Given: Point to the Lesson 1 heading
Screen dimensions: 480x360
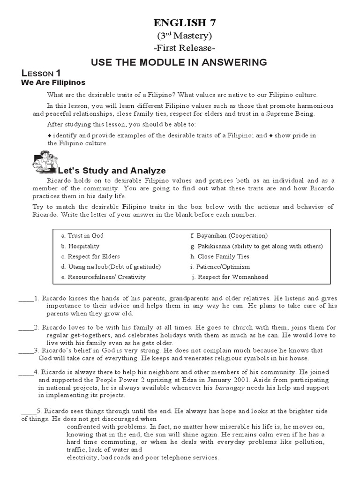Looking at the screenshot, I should coord(41,73).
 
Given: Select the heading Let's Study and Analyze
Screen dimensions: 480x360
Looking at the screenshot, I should coord(111,171).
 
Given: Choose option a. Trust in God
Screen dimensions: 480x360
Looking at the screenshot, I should coord(82,236).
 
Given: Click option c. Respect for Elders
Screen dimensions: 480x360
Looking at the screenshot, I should coord(90,256).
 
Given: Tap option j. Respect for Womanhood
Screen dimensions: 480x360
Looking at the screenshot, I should coord(230,277).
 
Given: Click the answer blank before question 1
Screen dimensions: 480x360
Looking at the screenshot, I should coord(26,299).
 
